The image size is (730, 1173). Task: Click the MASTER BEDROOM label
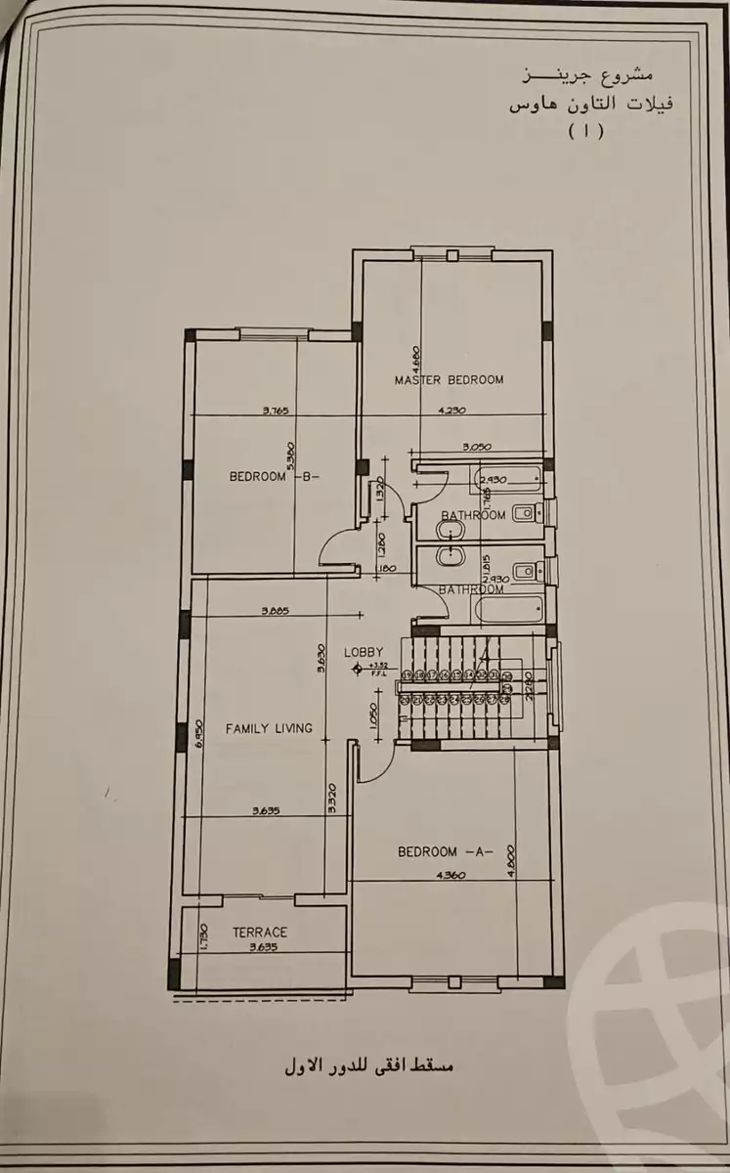tap(449, 379)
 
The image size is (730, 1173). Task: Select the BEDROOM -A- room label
tap(446, 851)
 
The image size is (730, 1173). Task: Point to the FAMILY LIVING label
tap(269, 728)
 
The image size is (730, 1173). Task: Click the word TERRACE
tap(259, 933)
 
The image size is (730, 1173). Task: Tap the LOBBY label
tap(363, 651)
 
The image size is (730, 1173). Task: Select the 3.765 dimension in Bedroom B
tap(279, 412)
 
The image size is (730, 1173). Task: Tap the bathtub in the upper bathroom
tap(508, 480)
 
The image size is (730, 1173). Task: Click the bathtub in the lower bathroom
tap(508, 610)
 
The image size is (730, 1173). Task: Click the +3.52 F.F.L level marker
tap(374, 670)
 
